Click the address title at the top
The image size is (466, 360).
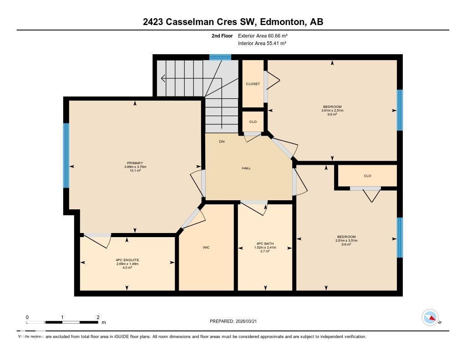233,22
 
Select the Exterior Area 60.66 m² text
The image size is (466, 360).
263,35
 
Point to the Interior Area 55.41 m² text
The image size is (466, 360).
262,43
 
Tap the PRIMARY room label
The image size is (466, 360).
135,163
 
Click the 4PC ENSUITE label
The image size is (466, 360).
127,260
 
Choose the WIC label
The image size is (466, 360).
206,248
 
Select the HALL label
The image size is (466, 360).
246,168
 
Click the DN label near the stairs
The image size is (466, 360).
222,142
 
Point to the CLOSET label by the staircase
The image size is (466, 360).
253,84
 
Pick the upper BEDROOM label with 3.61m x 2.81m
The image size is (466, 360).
332,107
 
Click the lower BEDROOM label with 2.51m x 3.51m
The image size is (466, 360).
346,237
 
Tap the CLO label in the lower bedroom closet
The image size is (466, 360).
367,176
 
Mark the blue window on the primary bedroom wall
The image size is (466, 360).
66,156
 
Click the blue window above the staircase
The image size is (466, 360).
220,57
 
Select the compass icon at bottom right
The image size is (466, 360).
430,317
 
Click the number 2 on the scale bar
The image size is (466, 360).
98,317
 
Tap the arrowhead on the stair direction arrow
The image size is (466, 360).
163,79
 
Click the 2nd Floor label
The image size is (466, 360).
222,35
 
